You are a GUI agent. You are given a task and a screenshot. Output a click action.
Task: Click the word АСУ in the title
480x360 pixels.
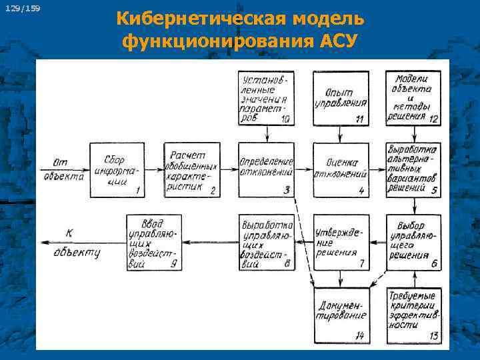click(337, 41)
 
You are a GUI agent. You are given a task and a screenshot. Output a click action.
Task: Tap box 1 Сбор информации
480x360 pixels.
click(117, 170)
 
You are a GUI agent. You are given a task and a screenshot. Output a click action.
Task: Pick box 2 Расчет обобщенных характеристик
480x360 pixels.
click(192, 170)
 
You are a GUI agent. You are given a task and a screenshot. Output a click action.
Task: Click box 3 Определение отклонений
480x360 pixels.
click(267, 170)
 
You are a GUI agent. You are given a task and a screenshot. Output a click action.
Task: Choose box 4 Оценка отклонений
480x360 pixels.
click(341, 170)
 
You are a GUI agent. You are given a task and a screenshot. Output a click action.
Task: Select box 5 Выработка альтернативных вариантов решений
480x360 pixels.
click(413, 170)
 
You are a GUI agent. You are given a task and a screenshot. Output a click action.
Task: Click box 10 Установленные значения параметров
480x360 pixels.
click(267, 98)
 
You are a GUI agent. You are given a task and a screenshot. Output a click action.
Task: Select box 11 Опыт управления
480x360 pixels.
click(341, 98)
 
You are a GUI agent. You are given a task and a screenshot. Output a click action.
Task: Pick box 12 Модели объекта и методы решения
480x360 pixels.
click(413, 98)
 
